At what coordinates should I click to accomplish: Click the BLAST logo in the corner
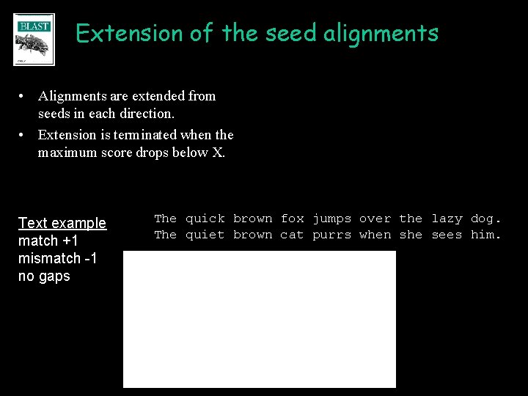tap(34, 40)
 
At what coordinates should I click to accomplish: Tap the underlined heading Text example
tap(62, 223)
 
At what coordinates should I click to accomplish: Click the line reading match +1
tap(48, 241)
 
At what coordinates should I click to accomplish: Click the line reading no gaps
tap(44, 276)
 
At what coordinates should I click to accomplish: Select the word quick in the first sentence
tap(205, 219)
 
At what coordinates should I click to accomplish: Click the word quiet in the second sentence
tap(205, 235)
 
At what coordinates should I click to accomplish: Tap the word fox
tap(293, 219)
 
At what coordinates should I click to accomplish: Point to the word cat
tap(293, 235)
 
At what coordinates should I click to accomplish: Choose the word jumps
tap(332, 219)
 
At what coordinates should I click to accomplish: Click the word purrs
tap(332, 235)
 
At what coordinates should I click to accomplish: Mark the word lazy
tap(447, 219)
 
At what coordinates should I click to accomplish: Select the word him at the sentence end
tap(484, 235)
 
